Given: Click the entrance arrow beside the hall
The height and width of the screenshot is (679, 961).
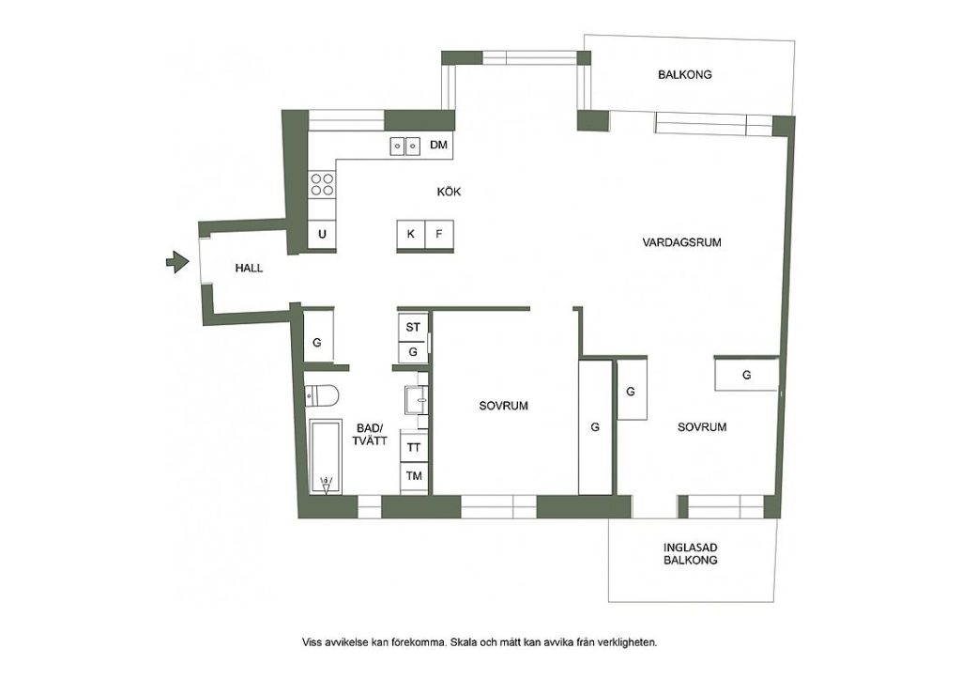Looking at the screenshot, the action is (x=177, y=262).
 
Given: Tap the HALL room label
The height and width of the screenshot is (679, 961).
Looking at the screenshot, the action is (x=249, y=268).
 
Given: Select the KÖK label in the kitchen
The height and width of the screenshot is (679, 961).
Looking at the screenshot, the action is (x=449, y=192).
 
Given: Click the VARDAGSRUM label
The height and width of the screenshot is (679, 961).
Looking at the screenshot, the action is (x=681, y=242).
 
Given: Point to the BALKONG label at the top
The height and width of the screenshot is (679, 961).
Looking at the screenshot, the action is (x=684, y=75).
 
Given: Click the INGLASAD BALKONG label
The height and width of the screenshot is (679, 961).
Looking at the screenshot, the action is (x=690, y=554).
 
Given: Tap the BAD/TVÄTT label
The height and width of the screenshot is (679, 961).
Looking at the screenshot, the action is (x=370, y=434).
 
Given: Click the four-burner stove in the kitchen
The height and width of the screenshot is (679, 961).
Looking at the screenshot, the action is (x=322, y=184).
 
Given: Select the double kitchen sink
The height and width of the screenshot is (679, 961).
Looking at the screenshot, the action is (x=405, y=146).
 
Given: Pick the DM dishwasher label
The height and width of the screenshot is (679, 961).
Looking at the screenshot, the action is (x=438, y=146).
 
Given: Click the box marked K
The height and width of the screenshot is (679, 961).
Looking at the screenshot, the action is (x=411, y=234).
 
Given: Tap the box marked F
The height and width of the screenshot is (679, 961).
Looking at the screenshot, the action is (x=439, y=234).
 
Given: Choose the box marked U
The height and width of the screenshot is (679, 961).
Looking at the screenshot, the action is (x=322, y=234).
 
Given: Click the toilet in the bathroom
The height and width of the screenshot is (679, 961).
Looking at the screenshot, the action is (x=321, y=396).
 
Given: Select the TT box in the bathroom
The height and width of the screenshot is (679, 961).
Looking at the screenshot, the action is (x=414, y=447).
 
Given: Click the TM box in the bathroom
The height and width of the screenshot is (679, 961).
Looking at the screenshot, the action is (x=414, y=476).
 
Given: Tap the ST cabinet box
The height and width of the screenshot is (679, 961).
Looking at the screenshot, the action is (x=413, y=328).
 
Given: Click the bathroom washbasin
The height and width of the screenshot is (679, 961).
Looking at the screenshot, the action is (x=417, y=400).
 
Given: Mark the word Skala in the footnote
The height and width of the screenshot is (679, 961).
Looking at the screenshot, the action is (x=464, y=642).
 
